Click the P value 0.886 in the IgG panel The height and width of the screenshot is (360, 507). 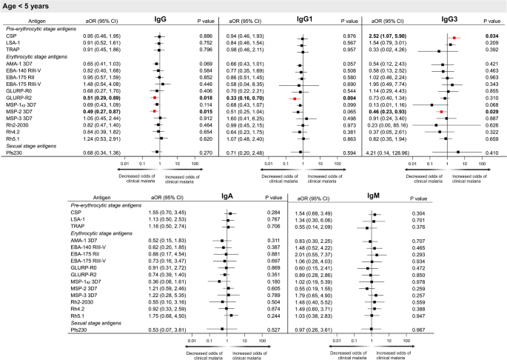pyautogui.click(x=207, y=36)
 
